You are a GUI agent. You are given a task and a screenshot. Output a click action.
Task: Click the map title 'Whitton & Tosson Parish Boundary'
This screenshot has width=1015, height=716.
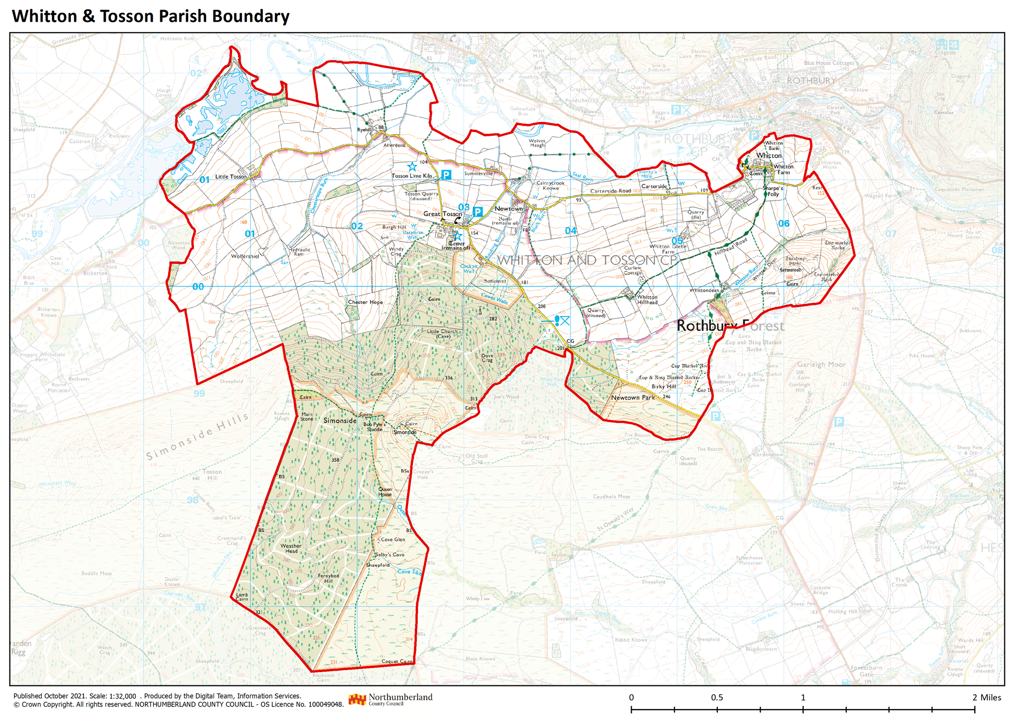pyautogui.click(x=151, y=16)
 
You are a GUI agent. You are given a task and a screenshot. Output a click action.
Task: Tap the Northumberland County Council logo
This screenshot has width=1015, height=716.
pyautogui.click(x=390, y=700)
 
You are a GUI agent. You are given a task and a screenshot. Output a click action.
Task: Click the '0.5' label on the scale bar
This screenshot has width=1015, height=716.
pyautogui.click(x=717, y=698)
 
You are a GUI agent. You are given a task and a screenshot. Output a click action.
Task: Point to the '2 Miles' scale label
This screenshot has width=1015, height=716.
pyautogui.click(x=986, y=698)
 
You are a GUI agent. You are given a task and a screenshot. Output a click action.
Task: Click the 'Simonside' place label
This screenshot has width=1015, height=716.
pyautogui.click(x=340, y=421)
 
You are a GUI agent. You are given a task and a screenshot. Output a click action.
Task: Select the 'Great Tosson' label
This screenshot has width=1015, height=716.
pyautogui.click(x=442, y=214)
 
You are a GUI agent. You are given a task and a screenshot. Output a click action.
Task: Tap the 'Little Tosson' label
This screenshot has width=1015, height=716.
pyautogui.click(x=230, y=176)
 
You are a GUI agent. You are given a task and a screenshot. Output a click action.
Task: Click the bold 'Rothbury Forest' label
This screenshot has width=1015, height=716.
pyautogui.click(x=730, y=326)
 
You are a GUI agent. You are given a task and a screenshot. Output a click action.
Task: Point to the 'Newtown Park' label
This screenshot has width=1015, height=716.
pyautogui.click(x=633, y=398)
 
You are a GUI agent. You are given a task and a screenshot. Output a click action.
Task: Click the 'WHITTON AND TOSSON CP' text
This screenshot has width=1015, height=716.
pyautogui.click(x=586, y=260)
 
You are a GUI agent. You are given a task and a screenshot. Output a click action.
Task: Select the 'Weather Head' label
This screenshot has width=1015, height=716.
pyautogui.click(x=291, y=548)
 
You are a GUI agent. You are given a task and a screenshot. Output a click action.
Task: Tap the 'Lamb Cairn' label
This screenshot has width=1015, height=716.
pyautogui.click(x=242, y=597)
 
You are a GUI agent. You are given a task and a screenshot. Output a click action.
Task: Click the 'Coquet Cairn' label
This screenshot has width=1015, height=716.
pyautogui.click(x=396, y=662)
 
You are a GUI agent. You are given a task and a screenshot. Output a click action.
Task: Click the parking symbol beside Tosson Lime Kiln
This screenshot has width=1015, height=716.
pyautogui.click(x=446, y=174)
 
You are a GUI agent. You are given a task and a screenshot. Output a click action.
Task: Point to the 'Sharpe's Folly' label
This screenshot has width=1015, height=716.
pyautogui.click(x=773, y=191)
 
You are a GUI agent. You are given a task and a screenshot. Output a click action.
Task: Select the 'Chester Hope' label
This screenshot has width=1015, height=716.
pyautogui.click(x=365, y=302)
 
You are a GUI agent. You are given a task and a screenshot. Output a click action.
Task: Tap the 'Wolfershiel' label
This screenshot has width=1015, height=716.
pyautogui.click(x=245, y=256)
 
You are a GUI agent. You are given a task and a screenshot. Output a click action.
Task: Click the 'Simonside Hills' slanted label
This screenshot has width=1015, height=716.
pyautogui.click(x=197, y=436)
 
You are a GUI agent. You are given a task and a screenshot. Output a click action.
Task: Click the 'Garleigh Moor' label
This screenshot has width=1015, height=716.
pyautogui.click(x=821, y=365)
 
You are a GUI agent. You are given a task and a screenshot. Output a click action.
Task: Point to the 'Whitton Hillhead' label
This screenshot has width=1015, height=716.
pyautogui.click(x=647, y=300)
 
